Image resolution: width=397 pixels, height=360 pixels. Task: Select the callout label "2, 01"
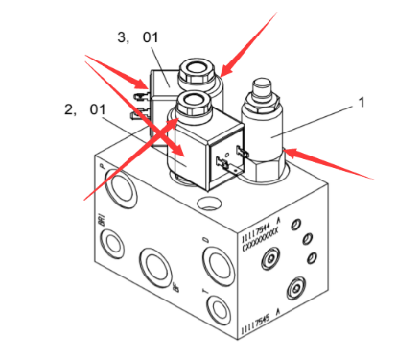[83, 108]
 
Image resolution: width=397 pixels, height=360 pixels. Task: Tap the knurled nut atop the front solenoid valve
[193, 102]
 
